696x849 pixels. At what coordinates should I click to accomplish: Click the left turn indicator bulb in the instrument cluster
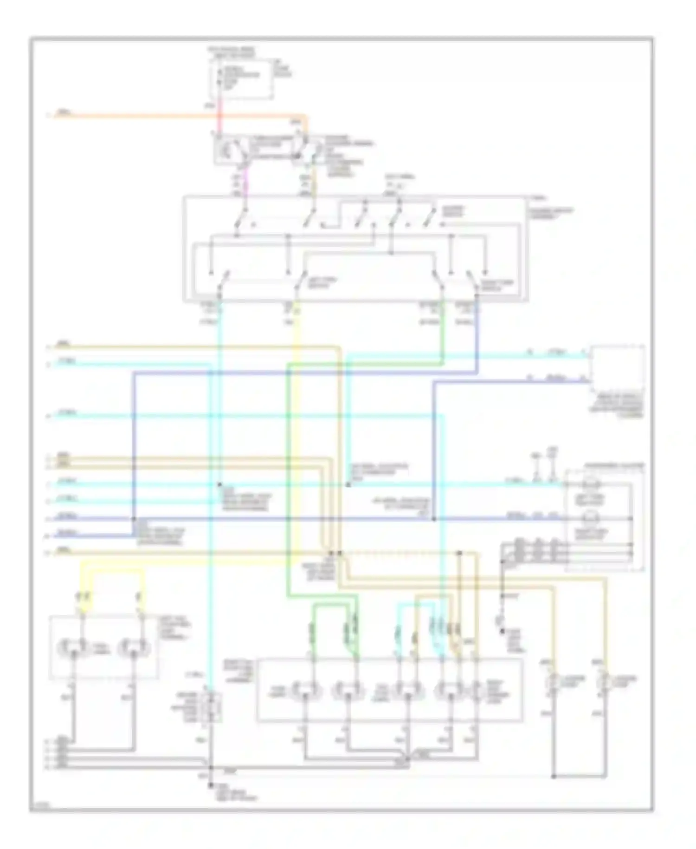click(591, 484)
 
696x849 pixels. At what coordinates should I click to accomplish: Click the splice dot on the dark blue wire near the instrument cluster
click(433, 519)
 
